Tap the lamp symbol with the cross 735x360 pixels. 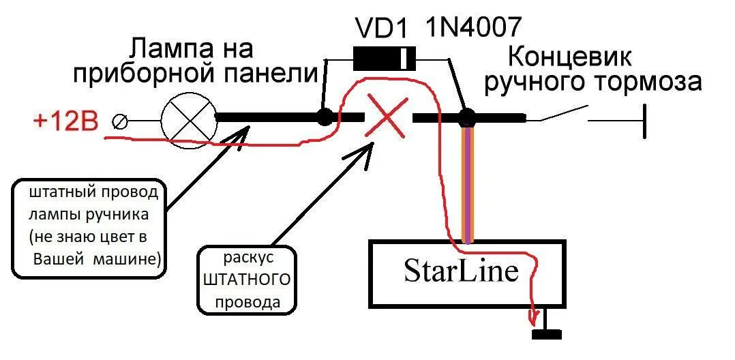[189, 117]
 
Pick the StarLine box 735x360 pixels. [467, 273]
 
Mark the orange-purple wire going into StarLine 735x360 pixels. [467, 184]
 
